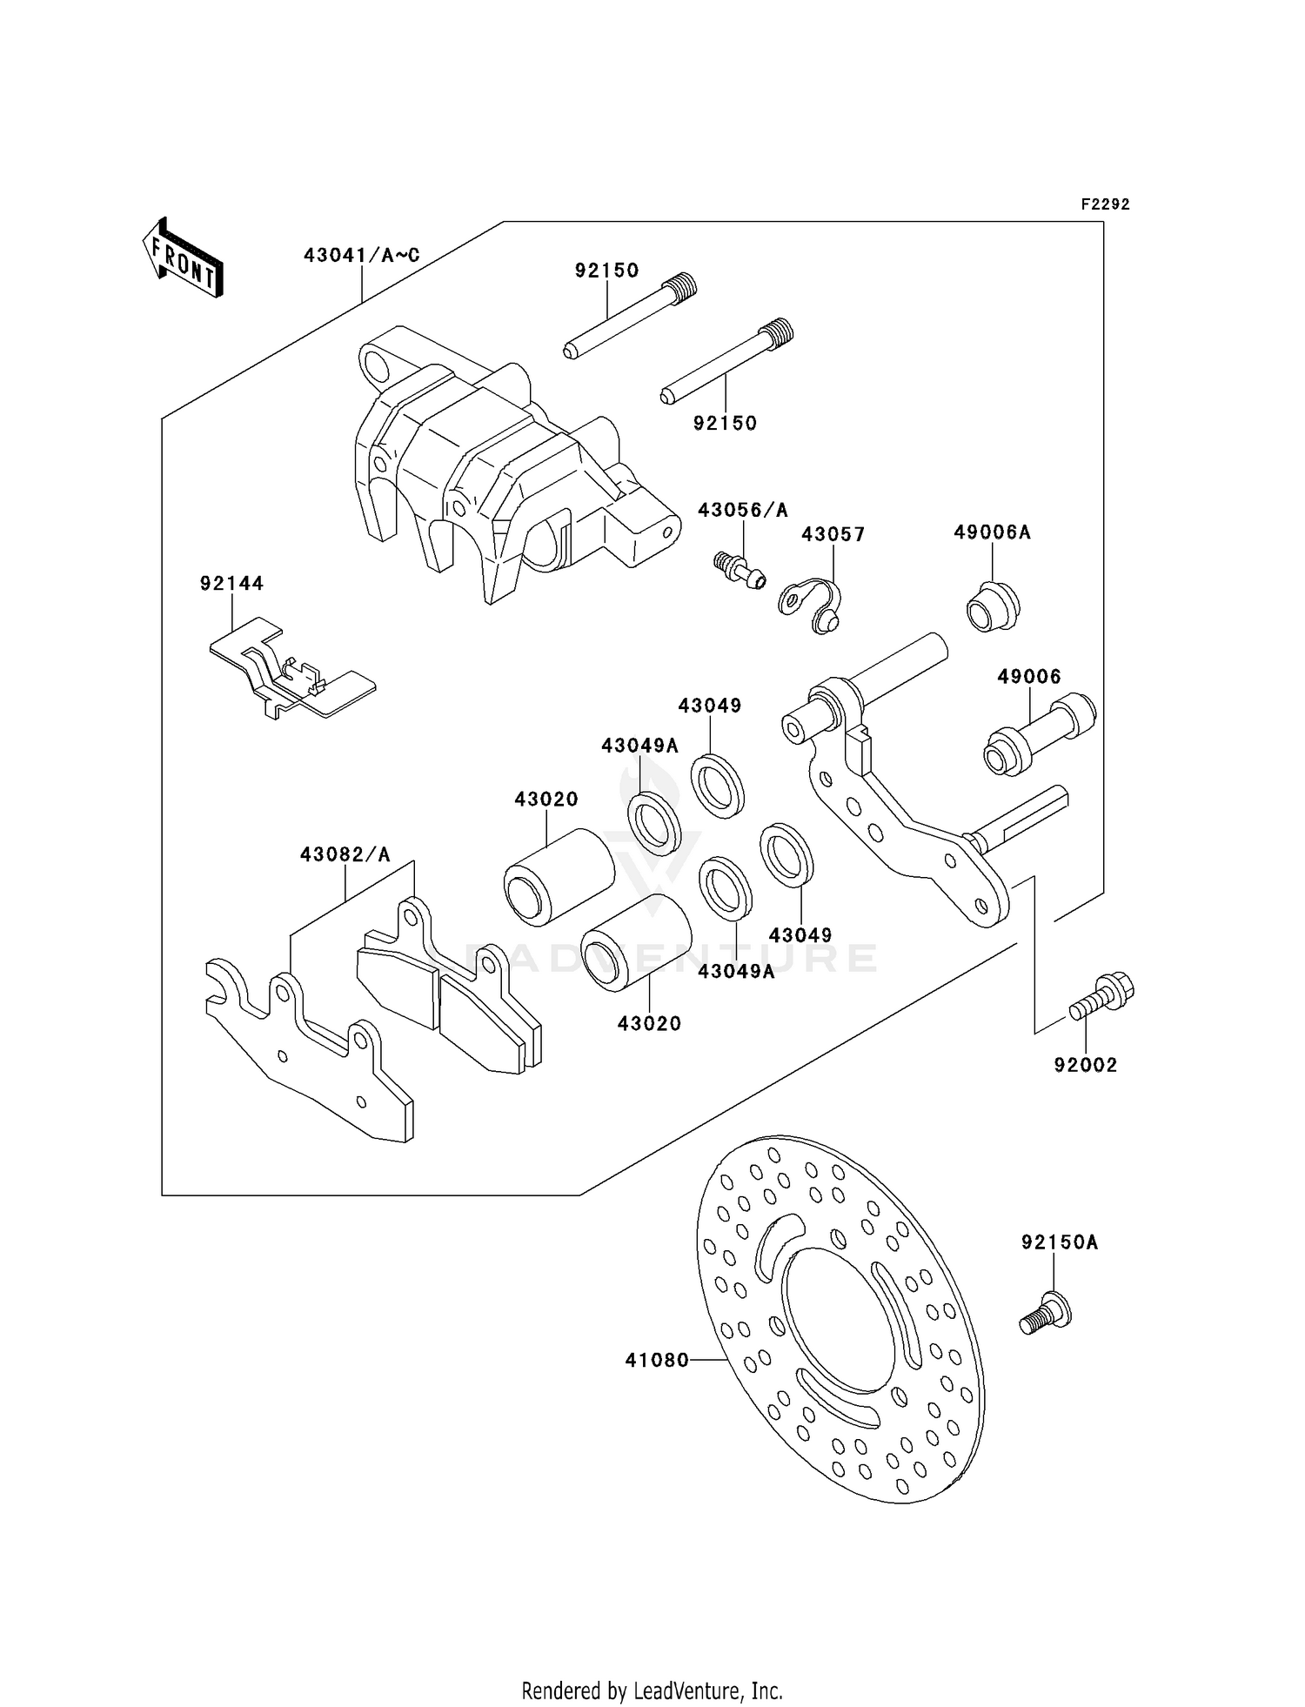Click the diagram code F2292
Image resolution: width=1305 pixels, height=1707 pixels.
pyautogui.click(x=1105, y=204)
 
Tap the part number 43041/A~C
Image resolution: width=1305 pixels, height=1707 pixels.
pyautogui.click(x=361, y=255)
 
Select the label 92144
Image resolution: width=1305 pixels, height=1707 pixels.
pyautogui.click(x=231, y=584)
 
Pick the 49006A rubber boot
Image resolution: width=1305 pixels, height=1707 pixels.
pyautogui.click(x=993, y=606)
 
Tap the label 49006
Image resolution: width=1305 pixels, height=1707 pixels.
pyautogui.click(x=1028, y=676)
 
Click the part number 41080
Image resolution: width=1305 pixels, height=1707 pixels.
pyautogui.click(x=657, y=1359)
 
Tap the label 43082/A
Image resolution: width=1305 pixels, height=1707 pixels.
pyautogui.click(x=345, y=854)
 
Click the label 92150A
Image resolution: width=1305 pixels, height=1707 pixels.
pyautogui.click(x=1059, y=1242)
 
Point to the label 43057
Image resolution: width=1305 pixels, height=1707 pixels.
pyautogui.click(x=833, y=533)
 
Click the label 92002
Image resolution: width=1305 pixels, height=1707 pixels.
pyautogui.click(x=1085, y=1064)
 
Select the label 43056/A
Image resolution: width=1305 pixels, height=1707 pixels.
pyautogui.click(x=742, y=510)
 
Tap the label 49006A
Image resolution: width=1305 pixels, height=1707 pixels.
pyautogui.click(x=992, y=532)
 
